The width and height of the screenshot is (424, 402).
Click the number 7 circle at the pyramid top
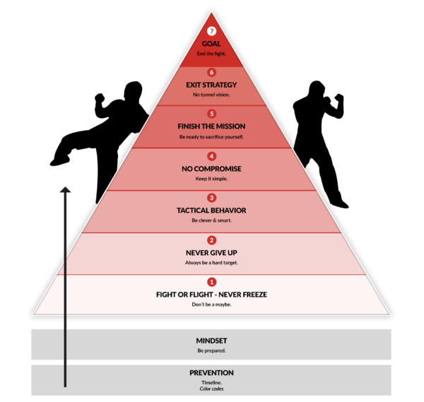211,32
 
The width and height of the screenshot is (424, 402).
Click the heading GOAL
211,43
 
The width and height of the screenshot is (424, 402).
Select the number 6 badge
211,72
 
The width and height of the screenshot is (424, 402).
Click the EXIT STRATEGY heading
211,85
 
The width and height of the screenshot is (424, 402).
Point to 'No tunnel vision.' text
211,94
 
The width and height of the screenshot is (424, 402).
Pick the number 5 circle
211,114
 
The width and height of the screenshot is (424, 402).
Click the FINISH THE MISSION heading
211,126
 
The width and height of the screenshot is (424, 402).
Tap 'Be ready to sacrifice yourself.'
211,136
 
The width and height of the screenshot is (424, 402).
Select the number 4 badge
211,156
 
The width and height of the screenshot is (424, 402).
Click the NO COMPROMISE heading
211,169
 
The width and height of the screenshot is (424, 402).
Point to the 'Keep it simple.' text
211,178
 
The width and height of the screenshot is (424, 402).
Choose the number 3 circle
211,198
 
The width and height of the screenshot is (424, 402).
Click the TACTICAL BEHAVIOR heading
211,211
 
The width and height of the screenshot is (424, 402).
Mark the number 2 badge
211,240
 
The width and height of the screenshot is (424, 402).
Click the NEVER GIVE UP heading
211,252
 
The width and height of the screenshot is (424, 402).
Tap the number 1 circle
211,282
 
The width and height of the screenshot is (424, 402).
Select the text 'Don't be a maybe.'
211,304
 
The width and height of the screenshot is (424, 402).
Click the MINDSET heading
211,341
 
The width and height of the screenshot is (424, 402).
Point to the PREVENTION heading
211,372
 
